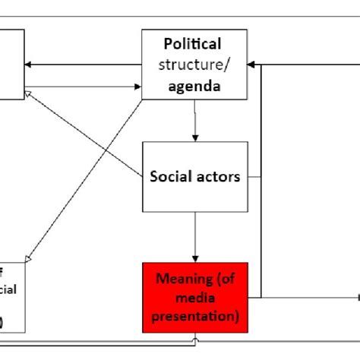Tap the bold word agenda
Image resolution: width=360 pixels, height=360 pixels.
coord(195,86)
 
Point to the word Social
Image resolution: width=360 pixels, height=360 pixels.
coord(171,176)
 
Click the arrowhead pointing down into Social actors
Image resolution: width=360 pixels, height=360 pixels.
coord(196,137)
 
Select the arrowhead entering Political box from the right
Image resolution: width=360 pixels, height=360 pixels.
coord(254,65)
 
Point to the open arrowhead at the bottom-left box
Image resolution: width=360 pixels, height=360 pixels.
coord(30,259)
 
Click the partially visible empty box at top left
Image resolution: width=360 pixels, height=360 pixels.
coord(11,65)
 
